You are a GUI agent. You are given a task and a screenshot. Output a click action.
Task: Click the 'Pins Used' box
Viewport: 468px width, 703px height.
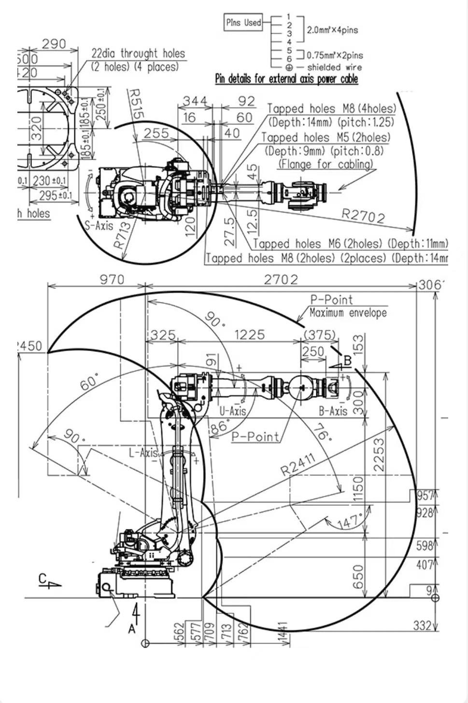(x=243, y=23)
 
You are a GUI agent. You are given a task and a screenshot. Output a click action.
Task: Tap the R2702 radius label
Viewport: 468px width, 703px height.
(x=363, y=216)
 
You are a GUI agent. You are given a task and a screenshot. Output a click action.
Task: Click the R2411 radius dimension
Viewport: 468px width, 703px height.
(x=298, y=464)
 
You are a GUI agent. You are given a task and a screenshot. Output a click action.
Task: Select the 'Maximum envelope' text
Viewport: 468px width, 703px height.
(x=348, y=313)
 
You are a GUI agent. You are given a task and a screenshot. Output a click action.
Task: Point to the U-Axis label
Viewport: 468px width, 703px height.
(x=232, y=411)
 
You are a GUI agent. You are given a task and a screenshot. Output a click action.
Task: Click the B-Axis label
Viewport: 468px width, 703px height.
(x=333, y=411)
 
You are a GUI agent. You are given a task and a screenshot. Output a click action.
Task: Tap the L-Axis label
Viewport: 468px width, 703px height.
(x=143, y=453)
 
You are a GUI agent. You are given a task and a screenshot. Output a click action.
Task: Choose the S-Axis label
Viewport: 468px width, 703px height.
(x=99, y=225)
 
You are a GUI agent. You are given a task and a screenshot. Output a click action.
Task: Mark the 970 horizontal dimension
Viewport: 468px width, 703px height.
(x=112, y=280)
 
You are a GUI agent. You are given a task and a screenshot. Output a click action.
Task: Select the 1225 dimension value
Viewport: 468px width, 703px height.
(x=249, y=335)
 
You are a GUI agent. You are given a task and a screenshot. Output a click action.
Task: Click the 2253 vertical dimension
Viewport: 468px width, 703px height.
(x=379, y=455)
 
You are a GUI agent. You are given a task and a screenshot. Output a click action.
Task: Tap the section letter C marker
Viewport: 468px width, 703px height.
(x=43, y=579)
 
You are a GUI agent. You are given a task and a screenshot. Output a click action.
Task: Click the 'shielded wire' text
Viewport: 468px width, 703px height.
(x=334, y=68)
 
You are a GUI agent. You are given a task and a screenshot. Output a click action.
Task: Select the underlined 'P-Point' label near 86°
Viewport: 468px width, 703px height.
(x=255, y=437)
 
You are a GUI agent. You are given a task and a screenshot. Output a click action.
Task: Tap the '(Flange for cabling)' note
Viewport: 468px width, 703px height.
(x=326, y=164)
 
